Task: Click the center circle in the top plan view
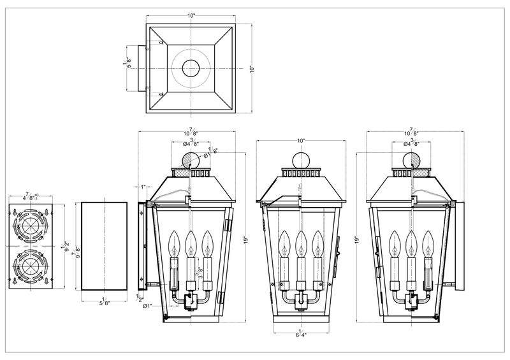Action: point(191,68)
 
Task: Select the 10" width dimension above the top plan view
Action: point(191,15)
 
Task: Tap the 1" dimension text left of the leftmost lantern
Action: point(144,187)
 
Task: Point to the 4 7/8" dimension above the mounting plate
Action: point(31,196)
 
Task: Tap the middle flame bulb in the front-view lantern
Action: point(301,242)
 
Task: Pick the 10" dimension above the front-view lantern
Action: point(300,140)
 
